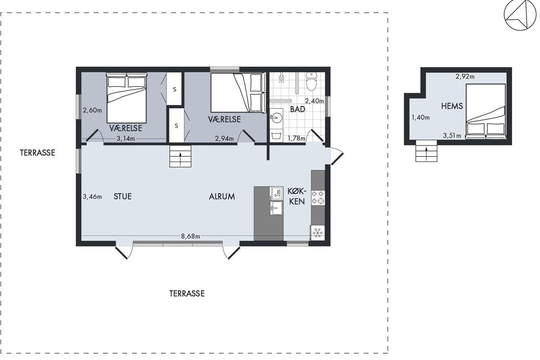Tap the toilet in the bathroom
[311, 81]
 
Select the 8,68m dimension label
[190, 236]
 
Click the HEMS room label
[452, 106]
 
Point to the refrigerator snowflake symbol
[318, 233]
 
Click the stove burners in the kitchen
[318, 198]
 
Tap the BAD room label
[297, 109]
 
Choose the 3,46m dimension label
[92, 197]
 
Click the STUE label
[122, 196]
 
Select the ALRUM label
[222, 197]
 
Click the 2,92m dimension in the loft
[465, 76]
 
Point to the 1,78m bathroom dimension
[297, 138]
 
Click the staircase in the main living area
[180, 156]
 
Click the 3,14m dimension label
[126, 139]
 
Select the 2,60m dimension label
[92, 110]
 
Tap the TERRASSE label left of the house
[37, 153]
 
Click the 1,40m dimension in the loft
[420, 117]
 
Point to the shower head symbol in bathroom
[281, 78]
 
